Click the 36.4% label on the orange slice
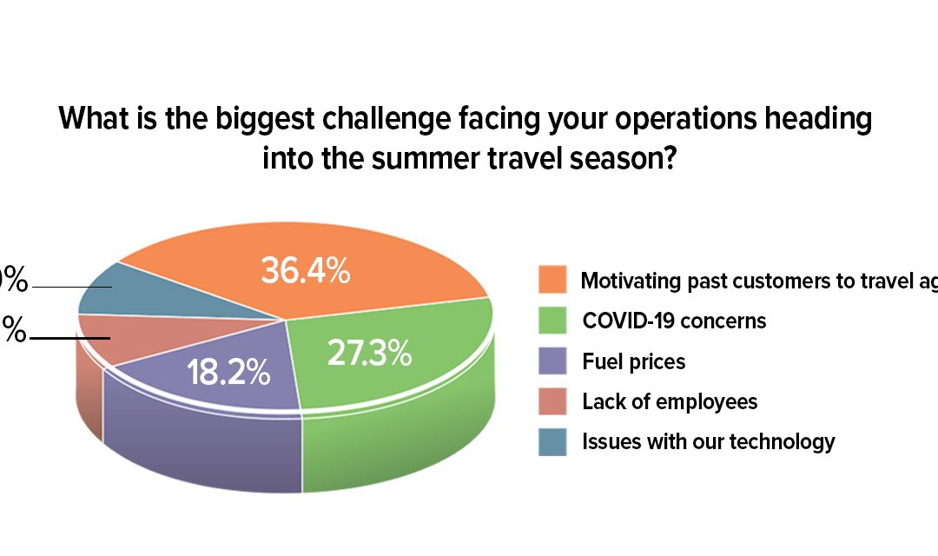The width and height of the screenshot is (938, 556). click(x=305, y=271)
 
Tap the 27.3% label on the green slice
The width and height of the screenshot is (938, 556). click(x=368, y=354)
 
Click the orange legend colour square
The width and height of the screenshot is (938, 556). click(x=552, y=280)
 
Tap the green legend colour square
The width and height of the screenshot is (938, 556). click(x=552, y=321)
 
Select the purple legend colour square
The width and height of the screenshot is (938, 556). click(x=552, y=361)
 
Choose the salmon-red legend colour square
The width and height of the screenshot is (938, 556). click(x=552, y=401)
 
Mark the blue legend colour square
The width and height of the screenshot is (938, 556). click(x=552, y=441)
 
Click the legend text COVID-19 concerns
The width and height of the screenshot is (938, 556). click(x=674, y=321)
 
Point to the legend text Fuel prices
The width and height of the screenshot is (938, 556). click(x=633, y=361)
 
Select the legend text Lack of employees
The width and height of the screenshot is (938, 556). click(x=670, y=401)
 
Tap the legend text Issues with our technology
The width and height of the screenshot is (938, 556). click(x=708, y=441)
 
